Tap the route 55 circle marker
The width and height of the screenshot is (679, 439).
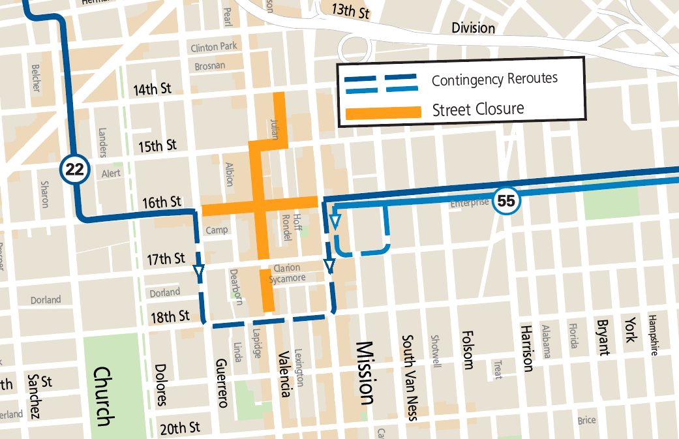(x=506, y=200)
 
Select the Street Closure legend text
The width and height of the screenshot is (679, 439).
(x=477, y=110)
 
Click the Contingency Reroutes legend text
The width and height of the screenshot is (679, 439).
(x=494, y=80)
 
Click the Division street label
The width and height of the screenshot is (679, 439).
(x=474, y=28)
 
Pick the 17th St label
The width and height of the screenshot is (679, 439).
(x=166, y=260)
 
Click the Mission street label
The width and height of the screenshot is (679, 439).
(x=365, y=373)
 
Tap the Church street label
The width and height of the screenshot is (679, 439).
(x=103, y=396)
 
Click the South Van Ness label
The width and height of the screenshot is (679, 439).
(x=409, y=378)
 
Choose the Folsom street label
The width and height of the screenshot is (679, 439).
(x=467, y=349)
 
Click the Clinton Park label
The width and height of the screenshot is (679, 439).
(x=214, y=47)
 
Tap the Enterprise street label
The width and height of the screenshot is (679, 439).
(x=469, y=204)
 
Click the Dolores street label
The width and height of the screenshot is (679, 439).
(x=161, y=384)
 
